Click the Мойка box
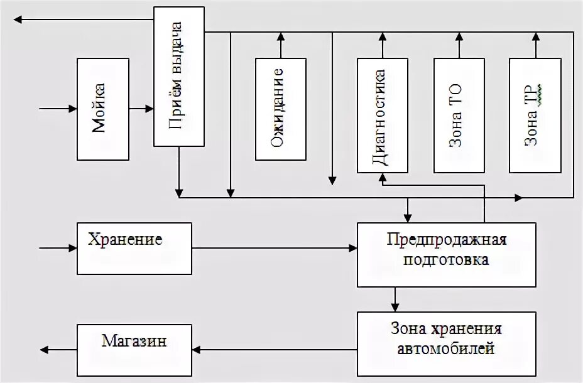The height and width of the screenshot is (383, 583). tap(102, 109)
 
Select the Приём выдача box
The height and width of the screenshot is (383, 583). tap(179, 77)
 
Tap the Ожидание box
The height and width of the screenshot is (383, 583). tap(280, 109)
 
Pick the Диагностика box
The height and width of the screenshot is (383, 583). tap(382, 115)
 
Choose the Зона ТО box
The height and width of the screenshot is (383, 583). tap(459, 115)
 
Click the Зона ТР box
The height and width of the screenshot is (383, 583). tap(535, 115)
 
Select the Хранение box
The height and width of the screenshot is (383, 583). tap(134, 248)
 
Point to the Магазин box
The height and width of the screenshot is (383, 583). tap(134, 350)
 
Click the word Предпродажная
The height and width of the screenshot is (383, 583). tap(447, 240)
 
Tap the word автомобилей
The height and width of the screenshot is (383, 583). tap(446, 348)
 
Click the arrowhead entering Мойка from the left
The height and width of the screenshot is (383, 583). tap(72, 109)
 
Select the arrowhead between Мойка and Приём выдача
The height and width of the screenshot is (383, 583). tap(149, 109)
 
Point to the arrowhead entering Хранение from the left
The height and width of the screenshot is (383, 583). tap(72, 249)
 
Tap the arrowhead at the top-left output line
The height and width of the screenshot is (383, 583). tap(19, 19)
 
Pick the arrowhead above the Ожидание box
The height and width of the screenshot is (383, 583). tap(280, 36)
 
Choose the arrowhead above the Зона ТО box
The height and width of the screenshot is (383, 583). tap(459, 36)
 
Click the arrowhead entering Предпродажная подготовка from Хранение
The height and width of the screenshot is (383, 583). tap(352, 249)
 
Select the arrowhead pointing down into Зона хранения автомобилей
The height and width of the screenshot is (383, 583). tap(395, 306)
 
